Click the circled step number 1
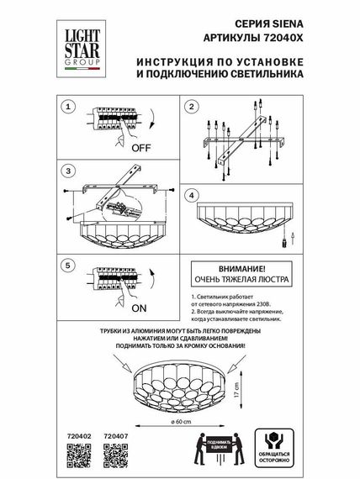pyautogui.click(x=70, y=107)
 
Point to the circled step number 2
pyautogui.click(x=191, y=107)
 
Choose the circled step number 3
pyautogui.click(x=70, y=171)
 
